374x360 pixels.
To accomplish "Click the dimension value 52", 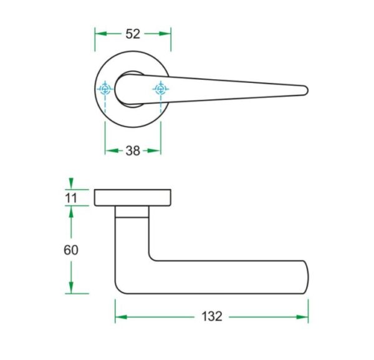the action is pos(133,34).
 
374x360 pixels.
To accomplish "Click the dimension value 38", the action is pos(133,151).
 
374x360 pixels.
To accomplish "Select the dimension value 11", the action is pos(71,198).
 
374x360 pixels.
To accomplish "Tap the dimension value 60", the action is pos(71,250).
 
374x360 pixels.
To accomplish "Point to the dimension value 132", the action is pos(212,316).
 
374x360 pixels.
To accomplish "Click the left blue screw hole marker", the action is pos(105,89).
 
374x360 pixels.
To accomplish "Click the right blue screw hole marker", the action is pos(161,89).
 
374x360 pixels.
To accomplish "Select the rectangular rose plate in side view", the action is pos(133,197).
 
